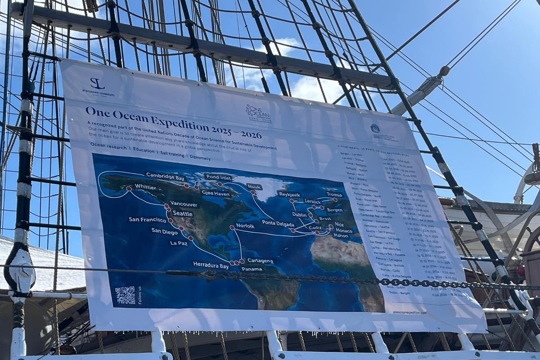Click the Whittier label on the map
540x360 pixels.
145,187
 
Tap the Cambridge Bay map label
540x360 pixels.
165,177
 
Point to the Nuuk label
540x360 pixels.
254,187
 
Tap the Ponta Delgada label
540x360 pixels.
281,223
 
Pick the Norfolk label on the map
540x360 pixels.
245,226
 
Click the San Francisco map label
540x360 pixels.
147,220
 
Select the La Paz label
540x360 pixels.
179,243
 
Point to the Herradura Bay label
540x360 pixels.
211,265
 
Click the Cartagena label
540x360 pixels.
260,261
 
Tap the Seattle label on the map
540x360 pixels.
183,214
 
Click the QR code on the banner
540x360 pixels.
125,295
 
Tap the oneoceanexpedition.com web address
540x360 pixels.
409,312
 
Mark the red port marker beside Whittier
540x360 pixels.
129,189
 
